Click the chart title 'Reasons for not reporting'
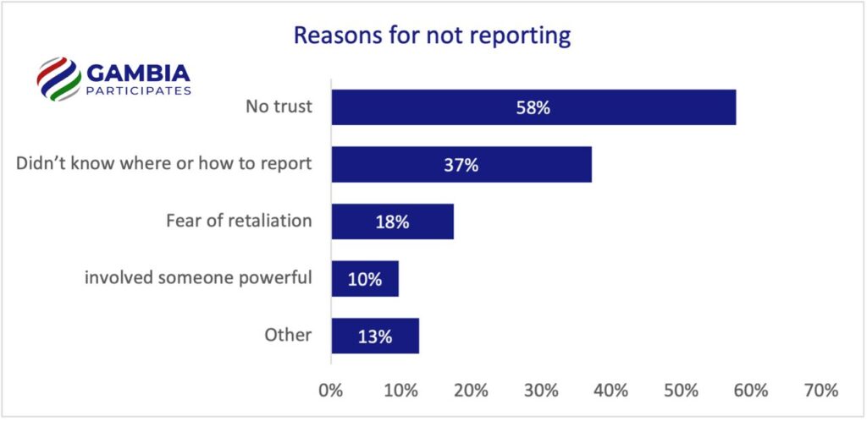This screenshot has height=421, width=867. coord(432,36)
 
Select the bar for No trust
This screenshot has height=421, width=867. coord(533,107)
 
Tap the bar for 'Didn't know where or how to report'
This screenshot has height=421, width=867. coord(461,165)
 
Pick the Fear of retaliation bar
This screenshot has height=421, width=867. coord(392,221)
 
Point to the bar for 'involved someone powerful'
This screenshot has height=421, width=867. coord(365,278)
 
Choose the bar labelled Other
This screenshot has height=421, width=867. coord(375,336)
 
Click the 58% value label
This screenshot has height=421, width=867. coord(534,107)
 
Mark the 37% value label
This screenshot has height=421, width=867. coord(461,165)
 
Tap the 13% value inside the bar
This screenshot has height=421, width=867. coord(375,336)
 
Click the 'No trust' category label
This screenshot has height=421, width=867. coord(279,107)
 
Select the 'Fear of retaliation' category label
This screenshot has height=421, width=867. coord(239,221)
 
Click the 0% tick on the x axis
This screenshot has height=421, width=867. coord(329,391)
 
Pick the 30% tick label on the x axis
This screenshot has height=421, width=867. coord(540,391)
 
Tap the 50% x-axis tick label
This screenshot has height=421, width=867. coord(681,391)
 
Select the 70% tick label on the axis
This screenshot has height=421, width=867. coord(820,391)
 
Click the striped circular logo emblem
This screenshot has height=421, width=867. coord(58,79)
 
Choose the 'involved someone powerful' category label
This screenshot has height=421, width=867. coord(198,278)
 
